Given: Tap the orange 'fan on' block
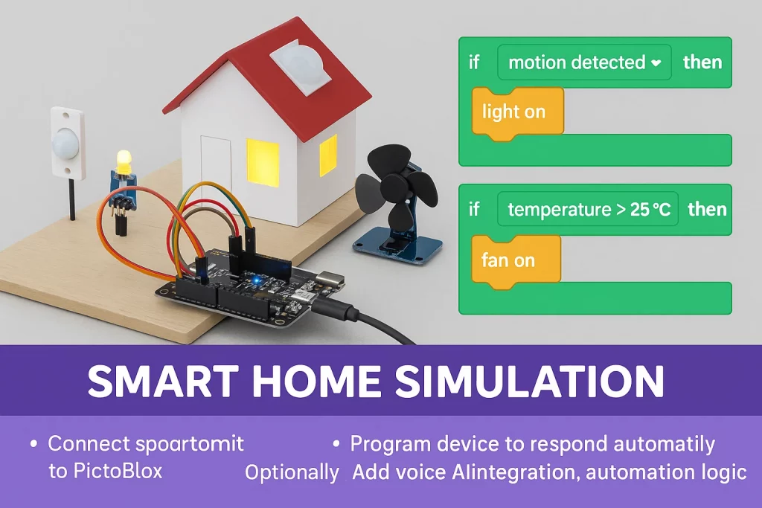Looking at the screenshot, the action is pyautogui.click(x=516, y=260).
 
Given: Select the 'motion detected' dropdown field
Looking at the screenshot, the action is pyautogui.click(x=584, y=62).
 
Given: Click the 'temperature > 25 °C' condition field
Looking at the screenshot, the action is pyautogui.click(x=588, y=209).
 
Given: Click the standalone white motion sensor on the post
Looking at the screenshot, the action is pyautogui.click(x=68, y=143).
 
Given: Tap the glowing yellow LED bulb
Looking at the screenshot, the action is pyautogui.click(x=124, y=161).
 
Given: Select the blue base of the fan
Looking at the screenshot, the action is pyautogui.click(x=397, y=248).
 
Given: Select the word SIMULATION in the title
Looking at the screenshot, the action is pyautogui.click(x=529, y=381).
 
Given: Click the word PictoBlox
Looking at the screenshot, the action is pyautogui.click(x=118, y=471).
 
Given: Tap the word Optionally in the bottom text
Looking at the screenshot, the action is pyautogui.click(x=292, y=472).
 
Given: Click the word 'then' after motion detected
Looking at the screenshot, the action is pyautogui.click(x=702, y=62).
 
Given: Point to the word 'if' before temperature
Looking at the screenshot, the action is pyautogui.click(x=474, y=209).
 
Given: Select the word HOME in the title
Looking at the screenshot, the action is pyautogui.click(x=316, y=381).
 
